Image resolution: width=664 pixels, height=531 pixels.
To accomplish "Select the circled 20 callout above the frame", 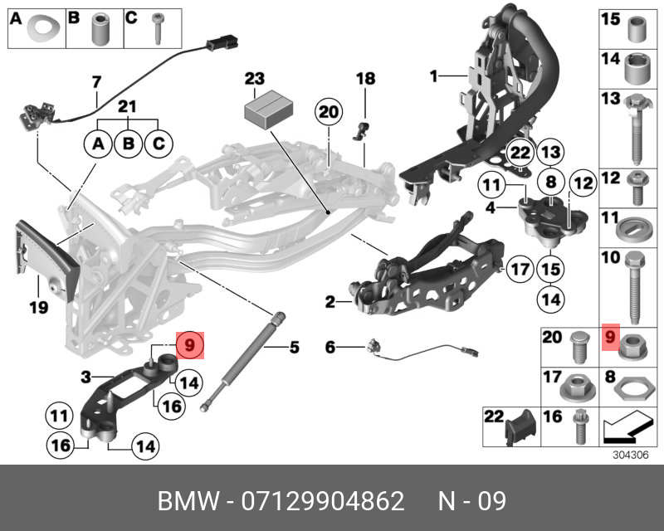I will (x=329, y=112).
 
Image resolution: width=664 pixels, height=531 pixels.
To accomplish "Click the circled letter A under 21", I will (x=98, y=144).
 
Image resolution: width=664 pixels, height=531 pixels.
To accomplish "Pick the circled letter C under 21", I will (x=156, y=144).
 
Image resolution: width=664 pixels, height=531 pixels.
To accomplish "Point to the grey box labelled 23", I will (x=268, y=109).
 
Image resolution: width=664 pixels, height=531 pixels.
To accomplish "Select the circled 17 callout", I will (x=520, y=270).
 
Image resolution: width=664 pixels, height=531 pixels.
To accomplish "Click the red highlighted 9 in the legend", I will (x=610, y=336).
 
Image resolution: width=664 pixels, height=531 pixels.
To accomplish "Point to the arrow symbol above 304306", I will (x=626, y=428).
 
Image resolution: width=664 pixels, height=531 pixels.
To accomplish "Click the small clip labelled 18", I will (x=363, y=129).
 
